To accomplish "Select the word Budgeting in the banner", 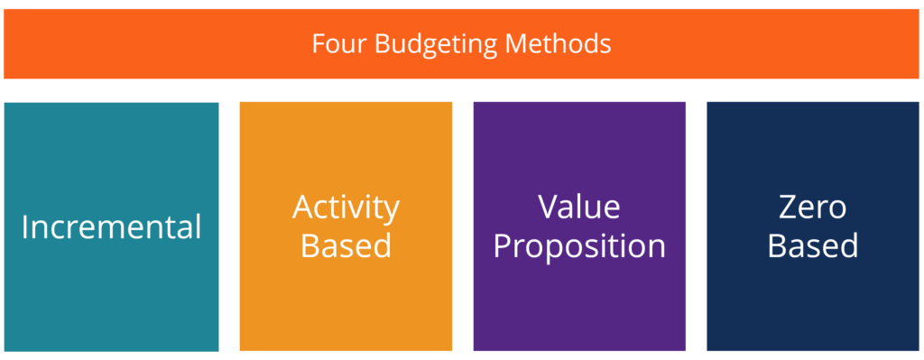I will (421, 44).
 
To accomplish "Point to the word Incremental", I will (111, 227).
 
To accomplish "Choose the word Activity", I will (346, 208).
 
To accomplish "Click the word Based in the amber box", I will (346, 245).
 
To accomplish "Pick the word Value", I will (579, 208).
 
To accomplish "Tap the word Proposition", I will (579, 246).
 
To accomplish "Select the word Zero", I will (813, 208).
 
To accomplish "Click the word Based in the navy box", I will (813, 245).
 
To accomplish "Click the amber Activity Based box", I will (346, 307).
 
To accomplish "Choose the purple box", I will (579, 307).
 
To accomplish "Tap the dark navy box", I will (813, 307).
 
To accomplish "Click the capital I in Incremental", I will (24, 227).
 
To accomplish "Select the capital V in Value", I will (550, 208).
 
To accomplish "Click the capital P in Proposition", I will (503, 245).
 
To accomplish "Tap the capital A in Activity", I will (304, 208).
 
